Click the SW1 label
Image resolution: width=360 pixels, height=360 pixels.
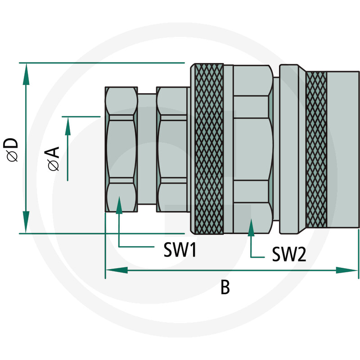[x=180, y=250]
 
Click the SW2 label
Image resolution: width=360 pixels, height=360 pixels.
[x=289, y=254]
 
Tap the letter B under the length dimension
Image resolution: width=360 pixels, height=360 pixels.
[x=225, y=287]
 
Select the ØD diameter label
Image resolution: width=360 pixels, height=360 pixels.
[x=10, y=149]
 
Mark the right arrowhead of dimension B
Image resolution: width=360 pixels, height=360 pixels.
[x=346, y=270]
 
